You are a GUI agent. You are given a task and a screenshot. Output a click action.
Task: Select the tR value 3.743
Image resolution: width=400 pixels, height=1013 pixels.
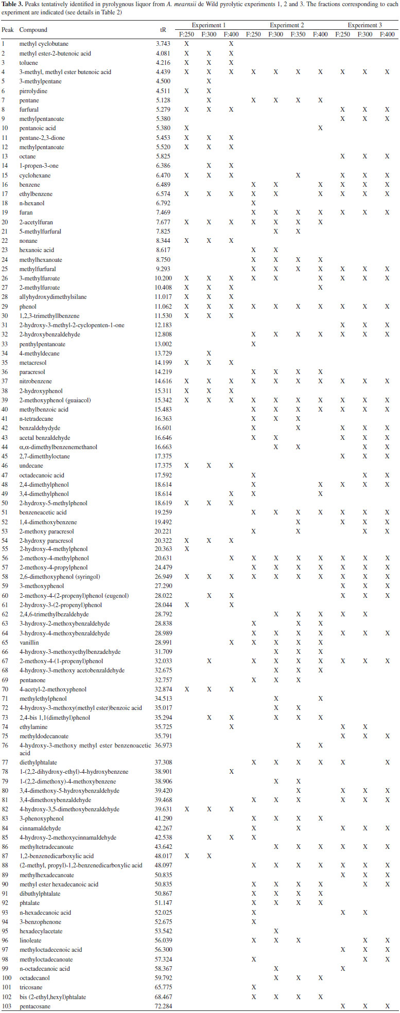click(163, 44)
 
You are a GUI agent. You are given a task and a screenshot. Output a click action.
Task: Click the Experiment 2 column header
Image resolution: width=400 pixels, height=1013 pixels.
click(287, 25)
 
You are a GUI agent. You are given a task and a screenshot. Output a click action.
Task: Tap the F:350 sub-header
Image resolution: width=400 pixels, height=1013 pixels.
click(298, 34)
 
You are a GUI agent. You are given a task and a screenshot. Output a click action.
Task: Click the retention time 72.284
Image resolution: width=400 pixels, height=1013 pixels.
click(164, 1006)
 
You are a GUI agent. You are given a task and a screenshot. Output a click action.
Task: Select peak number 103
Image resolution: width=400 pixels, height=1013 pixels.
click(7, 1006)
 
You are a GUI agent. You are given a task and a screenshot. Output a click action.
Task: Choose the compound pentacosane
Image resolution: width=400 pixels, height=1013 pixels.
click(35, 1006)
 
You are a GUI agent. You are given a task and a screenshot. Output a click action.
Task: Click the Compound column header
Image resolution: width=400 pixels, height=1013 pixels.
click(33, 30)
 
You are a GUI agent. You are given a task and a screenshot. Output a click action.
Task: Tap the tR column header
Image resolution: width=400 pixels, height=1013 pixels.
click(163, 30)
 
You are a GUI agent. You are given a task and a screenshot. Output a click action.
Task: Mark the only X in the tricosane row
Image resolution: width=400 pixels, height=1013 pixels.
click(253, 987)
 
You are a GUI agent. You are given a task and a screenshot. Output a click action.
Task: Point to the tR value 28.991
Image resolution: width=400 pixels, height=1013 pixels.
click(164, 643)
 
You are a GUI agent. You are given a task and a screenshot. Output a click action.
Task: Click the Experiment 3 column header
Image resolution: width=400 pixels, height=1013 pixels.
click(364, 25)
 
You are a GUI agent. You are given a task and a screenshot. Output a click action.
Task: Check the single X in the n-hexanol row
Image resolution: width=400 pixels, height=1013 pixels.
click(253, 203)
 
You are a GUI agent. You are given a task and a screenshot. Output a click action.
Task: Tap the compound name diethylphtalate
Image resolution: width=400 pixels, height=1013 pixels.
click(37, 762)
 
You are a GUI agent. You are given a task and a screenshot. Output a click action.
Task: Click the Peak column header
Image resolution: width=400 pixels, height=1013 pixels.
click(8, 30)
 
